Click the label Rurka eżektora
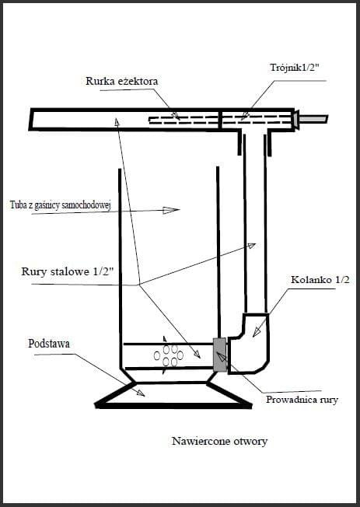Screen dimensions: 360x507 tap(122, 81)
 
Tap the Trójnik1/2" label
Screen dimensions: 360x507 tap(295, 67)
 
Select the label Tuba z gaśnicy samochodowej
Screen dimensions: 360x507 tap(61, 205)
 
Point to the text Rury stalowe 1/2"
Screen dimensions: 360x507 tap(68, 271)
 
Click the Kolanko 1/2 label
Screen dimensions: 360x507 tap(320, 279)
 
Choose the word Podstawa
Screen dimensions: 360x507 tap(49, 344)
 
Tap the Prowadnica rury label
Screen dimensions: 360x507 tap(302, 400)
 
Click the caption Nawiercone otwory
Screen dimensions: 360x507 tap(219, 441)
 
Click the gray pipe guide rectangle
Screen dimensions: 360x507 tap(220, 355)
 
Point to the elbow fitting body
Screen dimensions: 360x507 tap(249, 344)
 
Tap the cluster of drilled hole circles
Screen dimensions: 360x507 tap(168, 355)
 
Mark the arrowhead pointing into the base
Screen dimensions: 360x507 tap(140, 393)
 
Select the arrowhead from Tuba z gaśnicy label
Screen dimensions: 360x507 tap(171, 210)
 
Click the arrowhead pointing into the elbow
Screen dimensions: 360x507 tap(257, 332)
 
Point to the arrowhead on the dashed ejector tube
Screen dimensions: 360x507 tap(176, 116)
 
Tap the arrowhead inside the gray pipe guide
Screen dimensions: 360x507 tap(222, 357)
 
